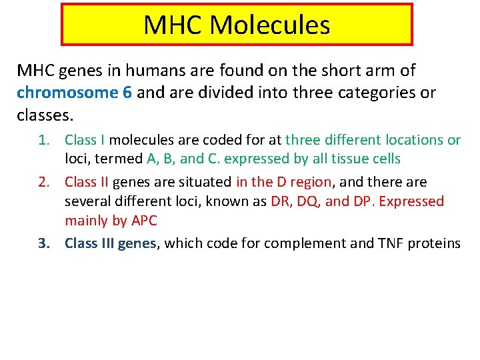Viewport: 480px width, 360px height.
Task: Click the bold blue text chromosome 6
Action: pos(74,93)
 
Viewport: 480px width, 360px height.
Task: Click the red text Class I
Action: pos(85,140)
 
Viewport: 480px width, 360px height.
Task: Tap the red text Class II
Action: pos(87,182)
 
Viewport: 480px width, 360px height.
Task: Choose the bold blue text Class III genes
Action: pos(110,243)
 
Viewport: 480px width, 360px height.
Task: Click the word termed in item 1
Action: pos(121,159)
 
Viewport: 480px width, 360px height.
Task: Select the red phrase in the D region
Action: pos(283,182)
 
